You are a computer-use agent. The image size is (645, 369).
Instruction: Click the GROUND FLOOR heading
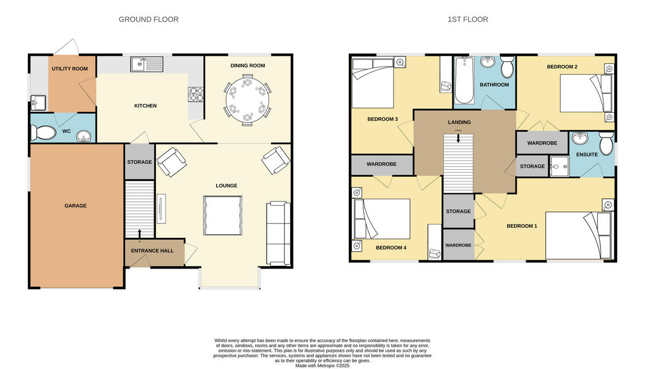(x=148, y=19)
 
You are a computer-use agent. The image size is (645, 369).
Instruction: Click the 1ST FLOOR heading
(x=468, y=19)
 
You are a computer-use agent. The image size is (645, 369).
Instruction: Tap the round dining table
(x=247, y=99)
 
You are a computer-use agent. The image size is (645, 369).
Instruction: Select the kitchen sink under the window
(x=147, y=64)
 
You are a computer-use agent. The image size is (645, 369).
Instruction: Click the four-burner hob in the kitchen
(x=195, y=95)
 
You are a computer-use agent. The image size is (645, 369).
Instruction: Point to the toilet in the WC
(x=41, y=132)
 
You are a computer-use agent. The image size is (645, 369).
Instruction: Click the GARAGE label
(x=75, y=206)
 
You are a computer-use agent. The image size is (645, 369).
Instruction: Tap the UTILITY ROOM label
(x=69, y=69)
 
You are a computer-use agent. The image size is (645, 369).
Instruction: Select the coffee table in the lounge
(x=221, y=215)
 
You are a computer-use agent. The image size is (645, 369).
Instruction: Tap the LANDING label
(x=459, y=122)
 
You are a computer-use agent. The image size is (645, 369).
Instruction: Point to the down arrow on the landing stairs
(x=458, y=138)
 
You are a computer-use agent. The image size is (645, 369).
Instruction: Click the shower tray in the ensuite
(x=559, y=166)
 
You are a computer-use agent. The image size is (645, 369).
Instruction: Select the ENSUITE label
(x=586, y=155)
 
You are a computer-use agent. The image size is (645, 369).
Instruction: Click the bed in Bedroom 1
(x=578, y=235)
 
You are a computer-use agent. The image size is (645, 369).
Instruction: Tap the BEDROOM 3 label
(x=382, y=119)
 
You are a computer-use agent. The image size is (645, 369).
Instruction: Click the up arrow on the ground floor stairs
(x=140, y=233)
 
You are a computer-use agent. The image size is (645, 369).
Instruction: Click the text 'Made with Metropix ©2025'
(x=322, y=365)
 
